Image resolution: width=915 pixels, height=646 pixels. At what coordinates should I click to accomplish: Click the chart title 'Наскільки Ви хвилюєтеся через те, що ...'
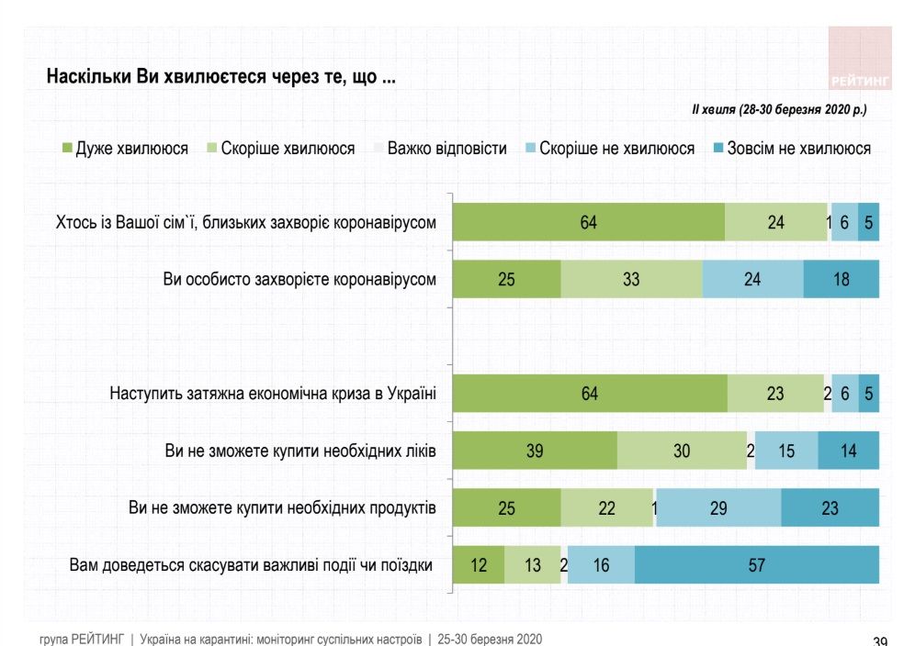221,77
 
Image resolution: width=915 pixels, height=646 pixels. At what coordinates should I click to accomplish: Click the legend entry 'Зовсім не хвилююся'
791,148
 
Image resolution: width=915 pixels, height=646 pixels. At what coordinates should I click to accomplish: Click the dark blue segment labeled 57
756,565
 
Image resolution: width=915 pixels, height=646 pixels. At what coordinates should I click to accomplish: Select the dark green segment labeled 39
535,451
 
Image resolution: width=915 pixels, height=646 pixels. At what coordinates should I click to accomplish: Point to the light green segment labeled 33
631,280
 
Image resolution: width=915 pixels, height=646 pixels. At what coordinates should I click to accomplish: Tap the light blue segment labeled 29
718,507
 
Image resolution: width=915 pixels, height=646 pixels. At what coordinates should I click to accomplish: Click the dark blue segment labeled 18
841,280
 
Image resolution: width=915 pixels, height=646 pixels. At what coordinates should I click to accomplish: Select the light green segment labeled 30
682,451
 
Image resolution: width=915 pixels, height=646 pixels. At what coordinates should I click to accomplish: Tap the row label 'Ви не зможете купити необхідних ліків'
299,451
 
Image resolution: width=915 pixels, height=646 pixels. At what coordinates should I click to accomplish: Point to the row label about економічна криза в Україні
273,394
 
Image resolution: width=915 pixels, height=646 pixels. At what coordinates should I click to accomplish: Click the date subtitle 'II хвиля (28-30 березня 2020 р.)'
779,108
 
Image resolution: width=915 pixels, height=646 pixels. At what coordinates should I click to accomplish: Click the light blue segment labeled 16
601,565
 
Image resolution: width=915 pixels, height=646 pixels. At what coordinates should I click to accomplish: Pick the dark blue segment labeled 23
830,507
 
